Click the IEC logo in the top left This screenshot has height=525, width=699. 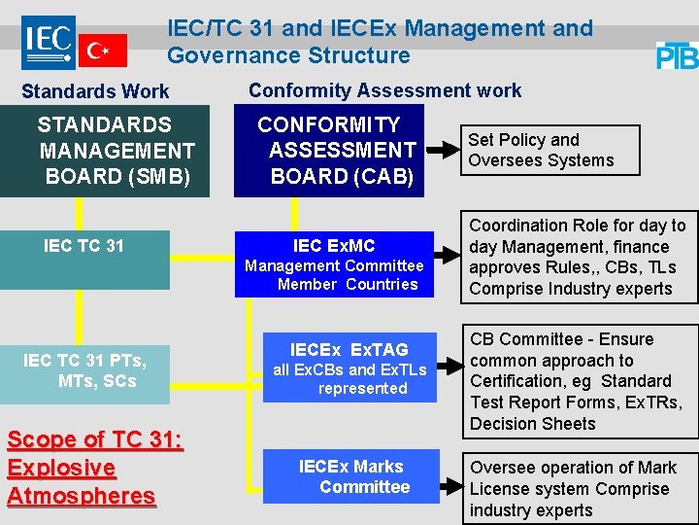point(49,42)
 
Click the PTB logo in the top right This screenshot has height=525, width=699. point(677,55)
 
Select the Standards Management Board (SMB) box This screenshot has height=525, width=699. point(104,151)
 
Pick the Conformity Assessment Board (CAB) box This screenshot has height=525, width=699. point(329,151)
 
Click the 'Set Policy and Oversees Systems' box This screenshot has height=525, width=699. point(549,151)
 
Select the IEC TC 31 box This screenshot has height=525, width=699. point(84,259)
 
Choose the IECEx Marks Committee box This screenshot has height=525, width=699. point(350,476)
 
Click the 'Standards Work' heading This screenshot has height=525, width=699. point(95,91)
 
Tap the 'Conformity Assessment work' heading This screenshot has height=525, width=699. point(384,90)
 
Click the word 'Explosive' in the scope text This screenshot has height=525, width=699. point(61,468)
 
